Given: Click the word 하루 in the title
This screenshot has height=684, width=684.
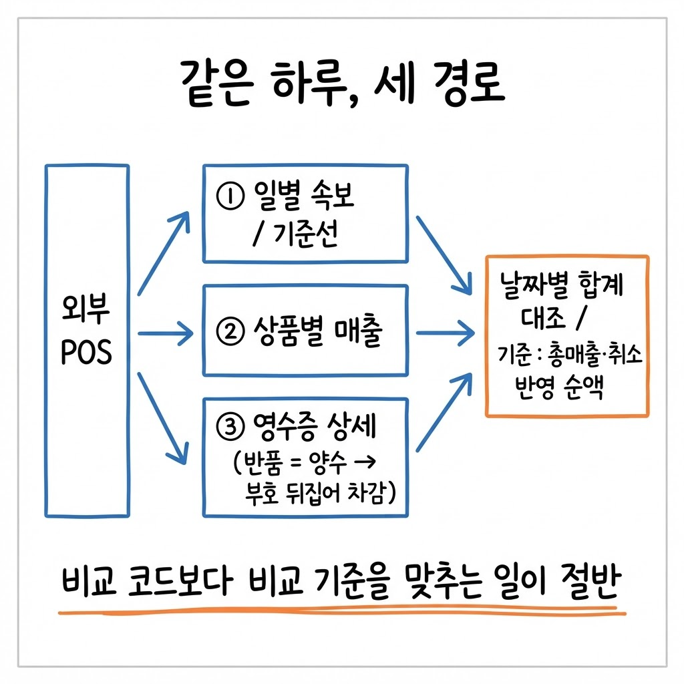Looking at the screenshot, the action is click(x=311, y=83).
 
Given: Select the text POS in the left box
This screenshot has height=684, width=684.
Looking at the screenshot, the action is click(x=86, y=351).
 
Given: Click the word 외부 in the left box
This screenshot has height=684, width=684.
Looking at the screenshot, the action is click(x=86, y=309).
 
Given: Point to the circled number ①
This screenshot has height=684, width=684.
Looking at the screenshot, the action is click(x=230, y=196).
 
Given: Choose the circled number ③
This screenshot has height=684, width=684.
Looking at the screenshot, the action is click(x=230, y=427).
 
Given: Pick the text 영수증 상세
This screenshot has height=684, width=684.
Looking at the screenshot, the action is click(x=315, y=426).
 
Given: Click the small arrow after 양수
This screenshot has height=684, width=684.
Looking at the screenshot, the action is click(x=365, y=461).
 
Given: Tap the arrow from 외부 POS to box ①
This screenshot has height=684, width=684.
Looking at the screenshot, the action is click(x=164, y=253).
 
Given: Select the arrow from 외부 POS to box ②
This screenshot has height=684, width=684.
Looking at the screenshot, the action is click(x=166, y=333).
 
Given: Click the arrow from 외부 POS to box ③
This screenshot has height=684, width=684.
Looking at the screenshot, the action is click(x=163, y=418).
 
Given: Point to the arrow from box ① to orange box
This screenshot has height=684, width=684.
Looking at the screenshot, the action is click(x=444, y=255).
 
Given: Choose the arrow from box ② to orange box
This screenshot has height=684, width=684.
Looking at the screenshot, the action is click(x=446, y=333).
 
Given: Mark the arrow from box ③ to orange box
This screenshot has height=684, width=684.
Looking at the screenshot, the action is click(x=444, y=412).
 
